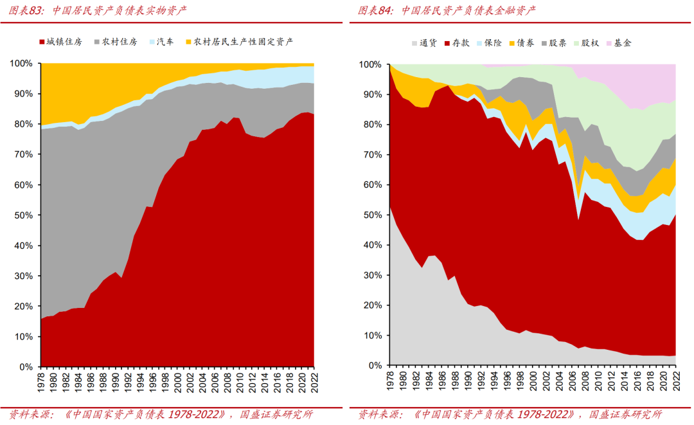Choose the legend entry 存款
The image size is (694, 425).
(461, 43)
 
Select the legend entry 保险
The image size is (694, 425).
(494, 43)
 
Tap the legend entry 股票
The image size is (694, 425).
(558, 43)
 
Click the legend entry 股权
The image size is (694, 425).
(590, 43)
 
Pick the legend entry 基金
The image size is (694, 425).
(623, 43)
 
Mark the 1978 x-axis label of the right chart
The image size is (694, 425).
(391, 383)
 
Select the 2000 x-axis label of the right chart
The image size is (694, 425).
(533, 383)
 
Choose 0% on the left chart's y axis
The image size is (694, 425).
(26, 367)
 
